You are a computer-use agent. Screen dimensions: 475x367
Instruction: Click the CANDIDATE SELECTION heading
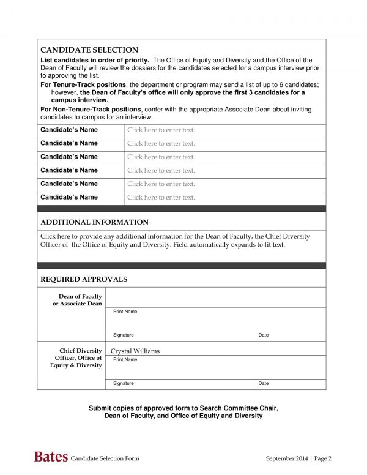pos(89,50)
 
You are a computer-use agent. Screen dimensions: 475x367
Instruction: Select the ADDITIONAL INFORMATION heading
pos(94,222)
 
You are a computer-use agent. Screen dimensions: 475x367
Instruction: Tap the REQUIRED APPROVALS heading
pos(84,279)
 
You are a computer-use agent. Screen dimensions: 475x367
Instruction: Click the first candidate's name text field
pos(161,130)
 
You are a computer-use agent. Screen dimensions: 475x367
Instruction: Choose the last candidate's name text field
pos(161,198)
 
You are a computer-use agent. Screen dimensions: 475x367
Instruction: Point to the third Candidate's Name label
pos(69,157)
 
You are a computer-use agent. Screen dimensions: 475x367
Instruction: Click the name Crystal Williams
pos(135,351)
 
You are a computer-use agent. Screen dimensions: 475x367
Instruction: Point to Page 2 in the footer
pos(323,458)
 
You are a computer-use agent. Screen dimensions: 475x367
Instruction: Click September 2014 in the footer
pos(287,458)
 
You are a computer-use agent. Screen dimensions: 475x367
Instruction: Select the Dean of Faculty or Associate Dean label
pos(77,300)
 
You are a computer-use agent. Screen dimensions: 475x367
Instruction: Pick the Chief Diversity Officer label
pos(78,358)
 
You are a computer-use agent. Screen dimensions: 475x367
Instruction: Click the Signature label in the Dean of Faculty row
pos(123,335)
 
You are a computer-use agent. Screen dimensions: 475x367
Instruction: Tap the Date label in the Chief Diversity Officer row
pos(263,383)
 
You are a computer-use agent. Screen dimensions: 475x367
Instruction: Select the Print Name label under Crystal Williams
pos(125,359)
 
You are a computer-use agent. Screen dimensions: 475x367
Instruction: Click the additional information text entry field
pos(175,241)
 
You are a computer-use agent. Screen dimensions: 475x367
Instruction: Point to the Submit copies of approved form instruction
pos(183,412)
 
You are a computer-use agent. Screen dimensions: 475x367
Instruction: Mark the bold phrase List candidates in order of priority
pos(94,60)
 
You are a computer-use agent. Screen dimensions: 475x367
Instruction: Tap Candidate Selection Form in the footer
pos(105,458)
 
